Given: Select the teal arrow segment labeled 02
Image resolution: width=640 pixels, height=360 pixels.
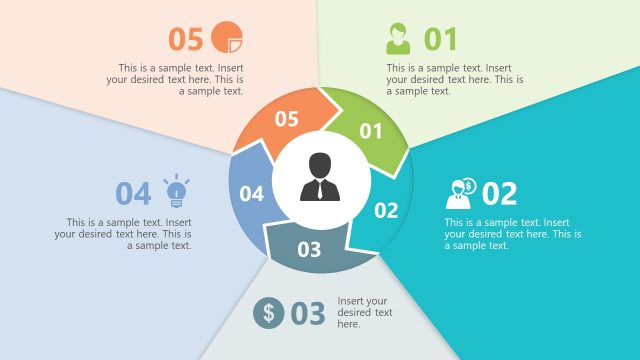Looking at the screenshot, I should point(386,210).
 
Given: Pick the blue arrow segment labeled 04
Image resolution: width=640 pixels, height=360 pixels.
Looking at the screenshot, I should point(250,193).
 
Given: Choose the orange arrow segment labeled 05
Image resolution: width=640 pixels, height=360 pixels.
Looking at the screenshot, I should point(286,121).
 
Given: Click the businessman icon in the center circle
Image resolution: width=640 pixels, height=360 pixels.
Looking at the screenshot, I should point(320,176).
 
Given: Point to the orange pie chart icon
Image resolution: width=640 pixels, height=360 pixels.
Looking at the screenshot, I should point(227,38).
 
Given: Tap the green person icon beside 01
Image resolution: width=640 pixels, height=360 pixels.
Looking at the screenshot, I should point(398,39).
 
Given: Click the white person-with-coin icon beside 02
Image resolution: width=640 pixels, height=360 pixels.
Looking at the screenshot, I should point(462,193).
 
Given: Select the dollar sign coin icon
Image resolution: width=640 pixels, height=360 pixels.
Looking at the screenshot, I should point(268,314).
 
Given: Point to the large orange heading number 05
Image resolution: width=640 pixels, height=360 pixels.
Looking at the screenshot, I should point(186,39).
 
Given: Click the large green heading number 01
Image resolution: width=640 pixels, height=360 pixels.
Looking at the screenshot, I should point(440,39).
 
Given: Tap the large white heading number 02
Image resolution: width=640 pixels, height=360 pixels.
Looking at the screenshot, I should point(499,194).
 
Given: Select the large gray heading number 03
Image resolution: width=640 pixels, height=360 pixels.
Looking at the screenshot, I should point(308,314).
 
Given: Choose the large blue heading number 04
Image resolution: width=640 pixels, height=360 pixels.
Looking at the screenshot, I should point(133,193).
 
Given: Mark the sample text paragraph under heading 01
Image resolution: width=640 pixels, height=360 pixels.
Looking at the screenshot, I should point(455,79).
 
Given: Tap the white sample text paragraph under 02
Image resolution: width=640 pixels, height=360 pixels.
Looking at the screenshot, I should point(513,234).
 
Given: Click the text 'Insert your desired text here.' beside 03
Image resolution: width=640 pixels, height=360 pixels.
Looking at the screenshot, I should point(362,312).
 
